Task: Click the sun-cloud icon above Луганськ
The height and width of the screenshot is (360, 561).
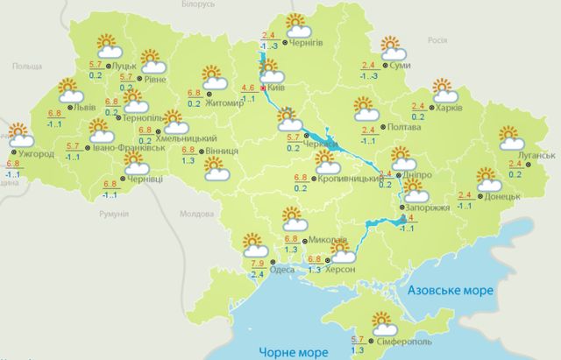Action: click(x=512, y=138)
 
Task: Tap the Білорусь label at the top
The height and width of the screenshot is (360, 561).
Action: click(x=193, y=5)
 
